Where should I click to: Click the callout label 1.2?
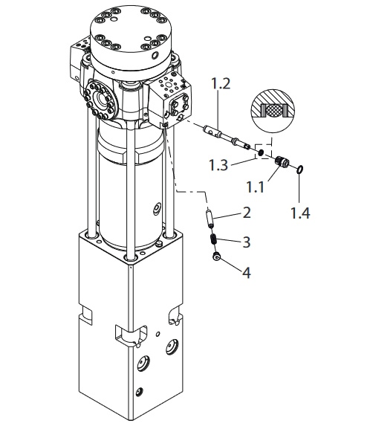(221, 84)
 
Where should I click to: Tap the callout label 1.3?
(218, 165)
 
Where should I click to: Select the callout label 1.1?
(256, 187)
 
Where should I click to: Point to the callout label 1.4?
(300, 213)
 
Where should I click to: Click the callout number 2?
(247, 213)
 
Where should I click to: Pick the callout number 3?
(247, 242)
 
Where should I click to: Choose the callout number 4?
(247, 273)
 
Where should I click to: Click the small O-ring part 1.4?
(299, 170)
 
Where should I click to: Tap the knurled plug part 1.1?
(282, 161)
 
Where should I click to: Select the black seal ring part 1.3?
(261, 152)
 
